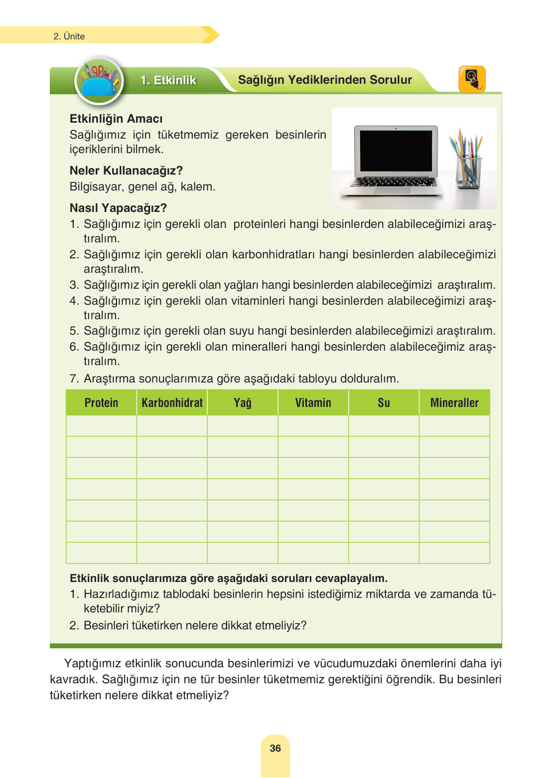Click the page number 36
click(275, 748)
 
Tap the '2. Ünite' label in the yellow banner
click(69, 36)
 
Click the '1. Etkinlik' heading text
click(168, 80)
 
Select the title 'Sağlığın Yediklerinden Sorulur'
click(325, 80)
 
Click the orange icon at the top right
click(471, 79)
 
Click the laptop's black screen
click(396, 151)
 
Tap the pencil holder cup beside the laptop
click(469, 172)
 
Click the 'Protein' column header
click(101, 403)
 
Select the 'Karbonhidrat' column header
click(172, 403)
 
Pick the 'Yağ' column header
click(243, 403)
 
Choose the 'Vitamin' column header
click(313, 403)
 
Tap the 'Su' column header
click(384, 403)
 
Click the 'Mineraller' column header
click(454, 403)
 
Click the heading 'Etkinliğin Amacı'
click(116, 119)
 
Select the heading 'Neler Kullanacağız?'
click(126, 171)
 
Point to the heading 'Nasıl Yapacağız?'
click(118, 208)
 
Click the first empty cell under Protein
click(101, 426)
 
